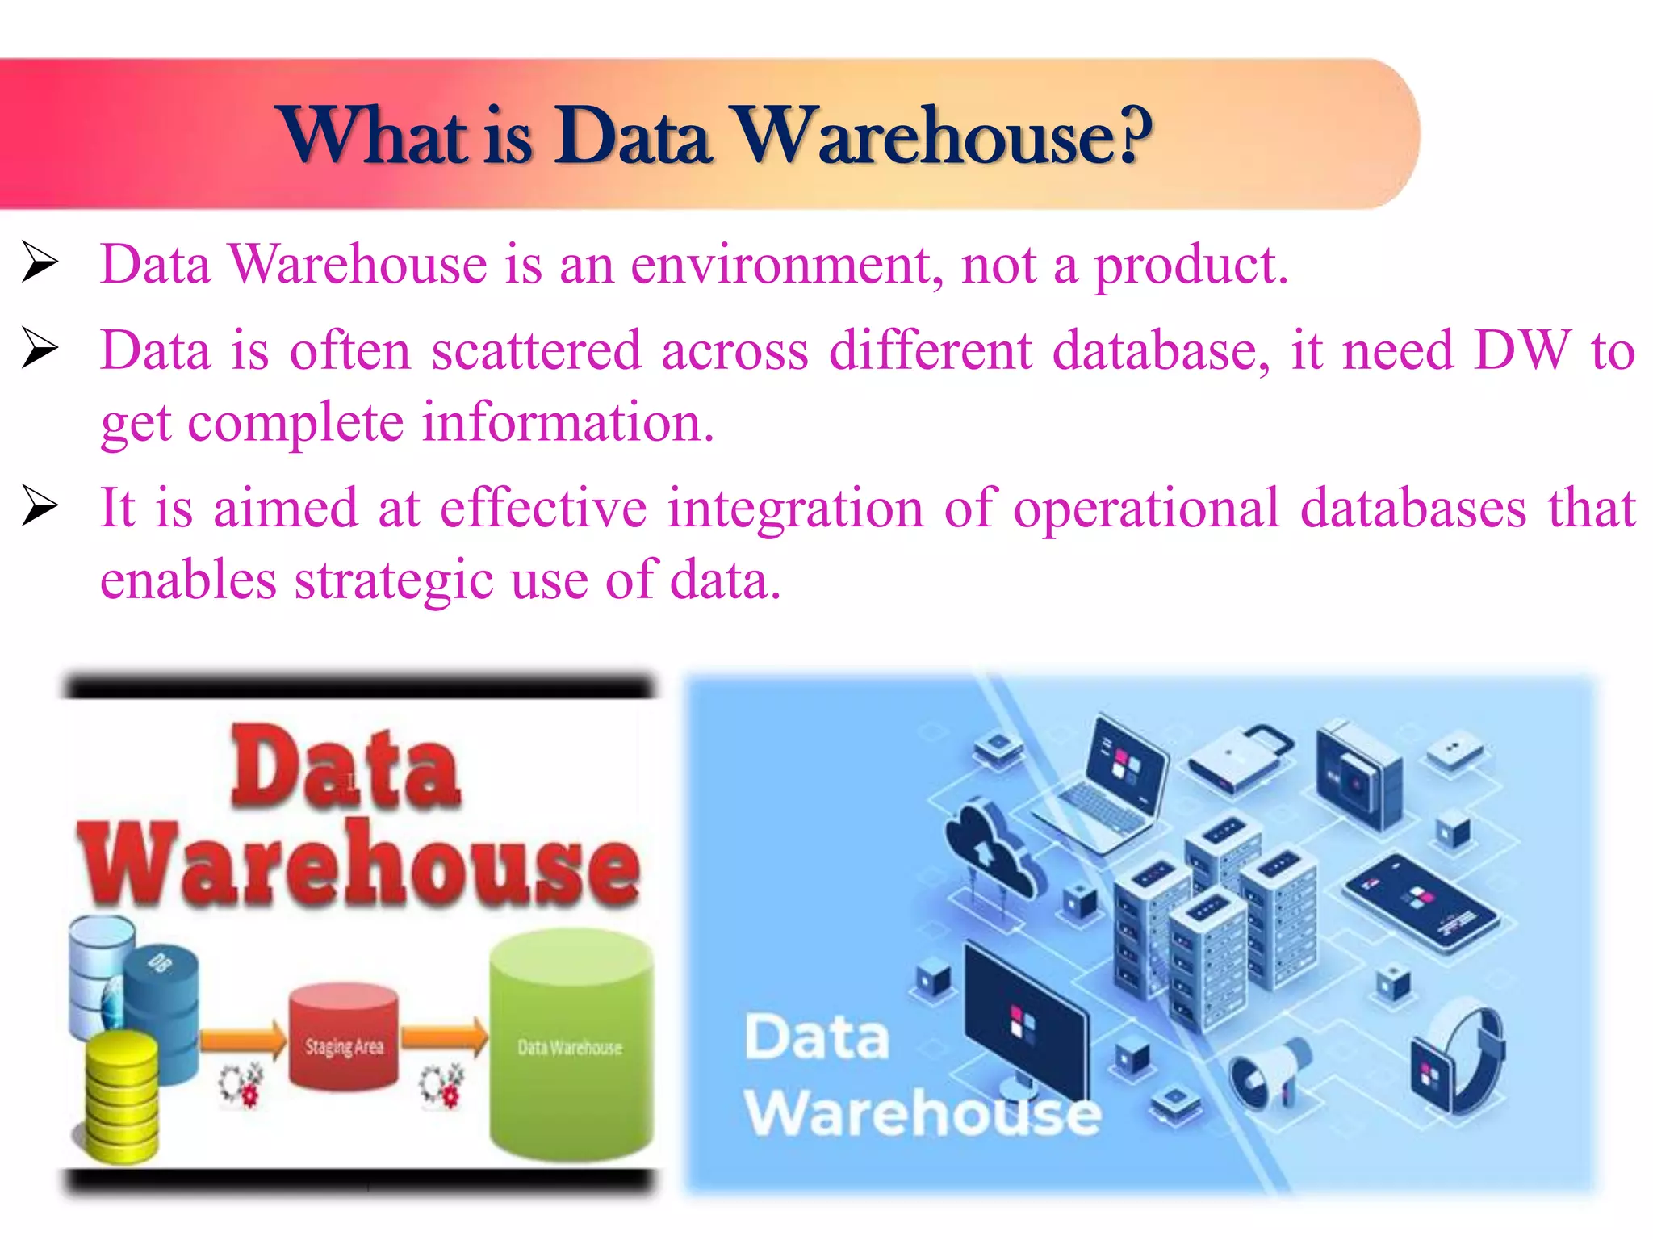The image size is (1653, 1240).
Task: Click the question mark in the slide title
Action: [x=1128, y=136]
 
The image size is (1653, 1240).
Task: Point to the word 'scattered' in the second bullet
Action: [x=536, y=350]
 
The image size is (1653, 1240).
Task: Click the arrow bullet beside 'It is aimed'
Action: [x=39, y=505]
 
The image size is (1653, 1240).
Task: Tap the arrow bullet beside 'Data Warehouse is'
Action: [x=39, y=262]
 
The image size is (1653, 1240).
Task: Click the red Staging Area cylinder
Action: [x=344, y=1037]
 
